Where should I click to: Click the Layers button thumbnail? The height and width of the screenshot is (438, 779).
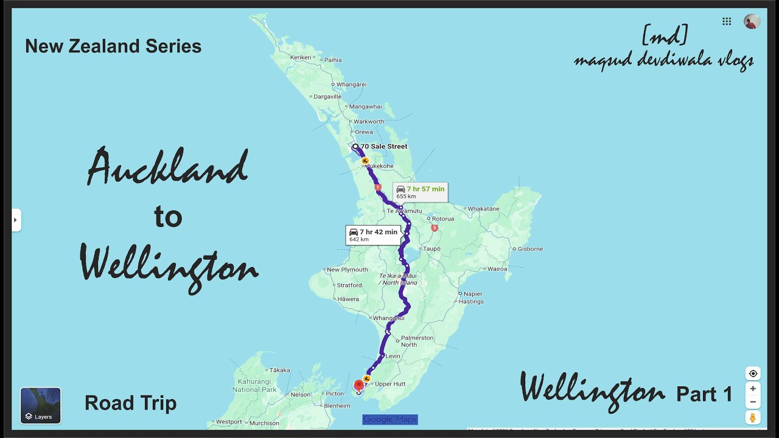pyautogui.click(x=40, y=405)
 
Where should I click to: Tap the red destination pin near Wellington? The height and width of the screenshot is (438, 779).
pyautogui.click(x=358, y=385)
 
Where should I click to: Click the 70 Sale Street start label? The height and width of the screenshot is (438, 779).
pyautogui.click(x=383, y=147)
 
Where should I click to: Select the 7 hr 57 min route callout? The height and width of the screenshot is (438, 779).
pyautogui.click(x=420, y=192)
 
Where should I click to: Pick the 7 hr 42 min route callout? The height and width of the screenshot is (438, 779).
pyautogui.click(x=372, y=235)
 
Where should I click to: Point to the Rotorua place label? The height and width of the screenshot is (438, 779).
pyautogui.click(x=442, y=219)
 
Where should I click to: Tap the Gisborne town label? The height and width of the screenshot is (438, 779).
pyautogui.click(x=530, y=249)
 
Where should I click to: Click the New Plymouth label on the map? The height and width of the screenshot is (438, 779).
pyautogui.click(x=347, y=269)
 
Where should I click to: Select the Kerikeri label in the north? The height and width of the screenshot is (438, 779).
pyautogui.click(x=301, y=57)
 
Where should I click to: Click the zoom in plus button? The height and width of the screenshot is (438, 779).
pyautogui.click(x=753, y=389)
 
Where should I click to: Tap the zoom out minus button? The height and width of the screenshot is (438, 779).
pyautogui.click(x=753, y=402)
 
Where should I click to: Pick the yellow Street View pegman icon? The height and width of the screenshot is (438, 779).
pyautogui.click(x=753, y=417)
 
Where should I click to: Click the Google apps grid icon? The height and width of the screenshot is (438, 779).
pyautogui.click(x=727, y=21)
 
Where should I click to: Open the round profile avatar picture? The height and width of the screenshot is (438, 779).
pyautogui.click(x=752, y=21)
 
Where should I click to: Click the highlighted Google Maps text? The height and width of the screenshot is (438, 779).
pyautogui.click(x=390, y=419)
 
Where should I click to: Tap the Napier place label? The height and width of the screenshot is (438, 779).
pyautogui.click(x=473, y=294)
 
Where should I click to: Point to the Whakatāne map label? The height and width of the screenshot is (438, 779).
pyautogui.click(x=484, y=209)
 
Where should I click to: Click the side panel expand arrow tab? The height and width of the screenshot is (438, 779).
pyautogui.click(x=16, y=220)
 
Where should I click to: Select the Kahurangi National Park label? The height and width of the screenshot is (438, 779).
pyautogui.click(x=254, y=385)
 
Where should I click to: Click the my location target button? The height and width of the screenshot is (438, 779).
pyautogui.click(x=753, y=374)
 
